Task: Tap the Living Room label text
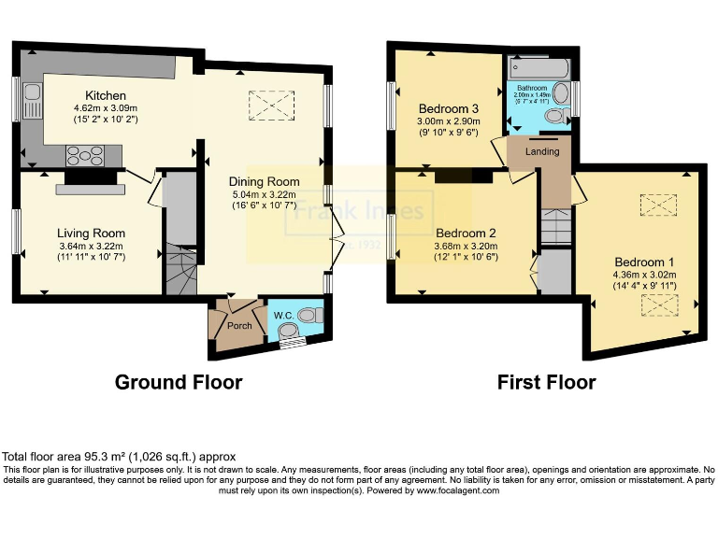pos(91,233)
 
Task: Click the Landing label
pos(543,152)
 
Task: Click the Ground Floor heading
pos(178,382)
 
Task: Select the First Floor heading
pos(546,382)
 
